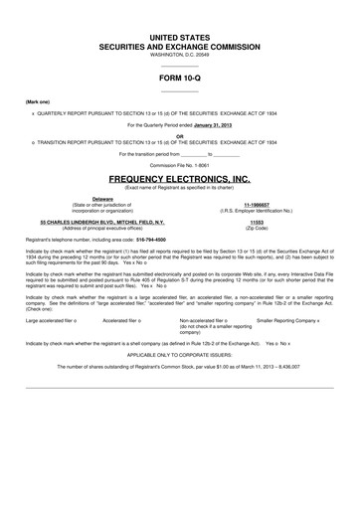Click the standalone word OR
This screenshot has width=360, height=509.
pos(180,135)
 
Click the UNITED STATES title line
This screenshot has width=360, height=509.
pos(180,36)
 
